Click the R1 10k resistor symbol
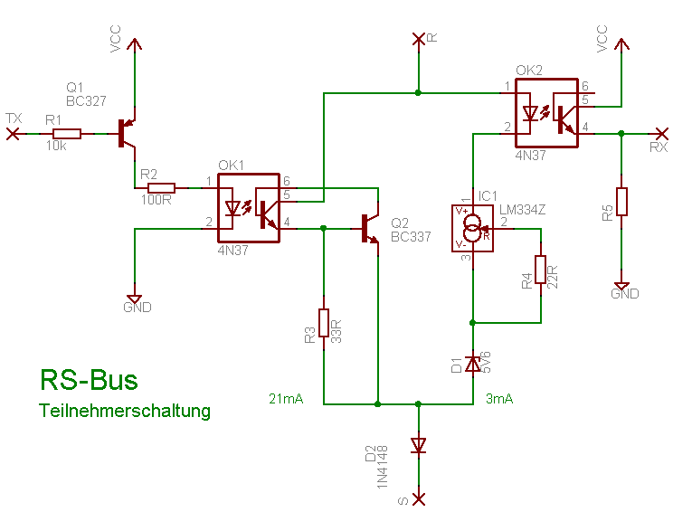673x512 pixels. click(x=67, y=134)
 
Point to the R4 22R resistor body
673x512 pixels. click(x=540, y=270)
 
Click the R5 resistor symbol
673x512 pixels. click(x=621, y=201)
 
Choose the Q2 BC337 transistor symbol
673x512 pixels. click(x=370, y=228)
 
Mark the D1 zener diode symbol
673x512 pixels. click(x=472, y=364)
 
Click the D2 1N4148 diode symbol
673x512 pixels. click(x=418, y=445)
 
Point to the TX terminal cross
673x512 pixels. click(x=13, y=134)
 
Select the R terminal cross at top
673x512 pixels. click(x=418, y=38)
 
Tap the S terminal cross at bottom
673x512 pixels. click(x=418, y=498)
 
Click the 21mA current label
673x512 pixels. click(x=285, y=398)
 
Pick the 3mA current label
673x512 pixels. click(x=499, y=398)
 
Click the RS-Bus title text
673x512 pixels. click(x=89, y=380)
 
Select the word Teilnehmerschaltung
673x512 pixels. click(x=125, y=411)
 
